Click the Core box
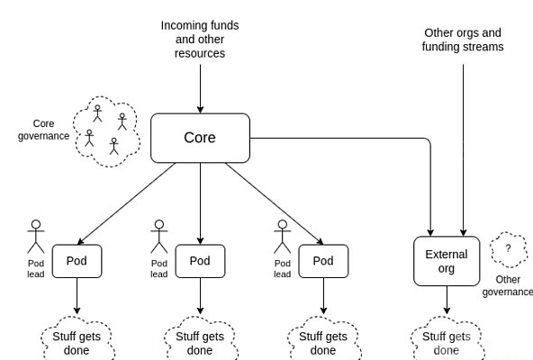[200, 138]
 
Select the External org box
[447, 261]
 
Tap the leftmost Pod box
[77, 261]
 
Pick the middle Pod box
[200, 261]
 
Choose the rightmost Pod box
[323, 261]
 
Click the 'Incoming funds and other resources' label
[200, 40]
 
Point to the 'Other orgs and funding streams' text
[463, 40]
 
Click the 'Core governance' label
[43, 130]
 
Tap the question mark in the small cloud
[508, 248]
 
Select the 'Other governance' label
[508, 285]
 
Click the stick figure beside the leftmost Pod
[36, 237]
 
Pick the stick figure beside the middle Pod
[159, 237]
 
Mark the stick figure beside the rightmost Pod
[283, 237]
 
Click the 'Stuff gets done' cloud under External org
[447, 339]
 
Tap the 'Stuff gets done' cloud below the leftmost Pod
[77, 339]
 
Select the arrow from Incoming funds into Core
[200, 89]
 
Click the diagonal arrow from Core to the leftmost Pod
[126, 203]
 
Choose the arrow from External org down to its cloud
[447, 301]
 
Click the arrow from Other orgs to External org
[463, 150]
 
